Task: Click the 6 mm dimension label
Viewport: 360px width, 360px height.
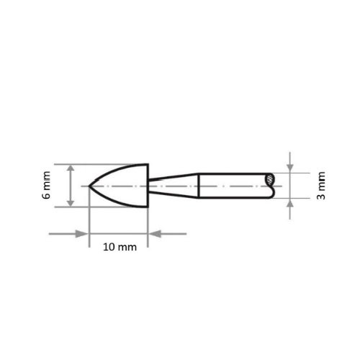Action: click(48, 186)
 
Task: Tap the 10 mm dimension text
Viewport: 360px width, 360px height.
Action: click(118, 246)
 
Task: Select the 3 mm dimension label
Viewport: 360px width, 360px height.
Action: click(320, 186)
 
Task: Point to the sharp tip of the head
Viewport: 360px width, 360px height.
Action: click(89, 186)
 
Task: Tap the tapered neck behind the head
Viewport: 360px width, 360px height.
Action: click(173, 186)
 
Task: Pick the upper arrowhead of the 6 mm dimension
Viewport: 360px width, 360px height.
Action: click(71, 168)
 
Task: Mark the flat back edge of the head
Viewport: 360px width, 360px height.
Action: click(148, 186)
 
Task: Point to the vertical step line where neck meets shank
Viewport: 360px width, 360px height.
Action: click(199, 186)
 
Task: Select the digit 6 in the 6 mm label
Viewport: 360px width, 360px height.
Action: click(48, 196)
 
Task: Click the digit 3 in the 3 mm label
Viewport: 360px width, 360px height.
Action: click(320, 194)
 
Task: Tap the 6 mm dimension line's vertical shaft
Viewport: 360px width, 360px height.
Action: click(71, 186)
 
